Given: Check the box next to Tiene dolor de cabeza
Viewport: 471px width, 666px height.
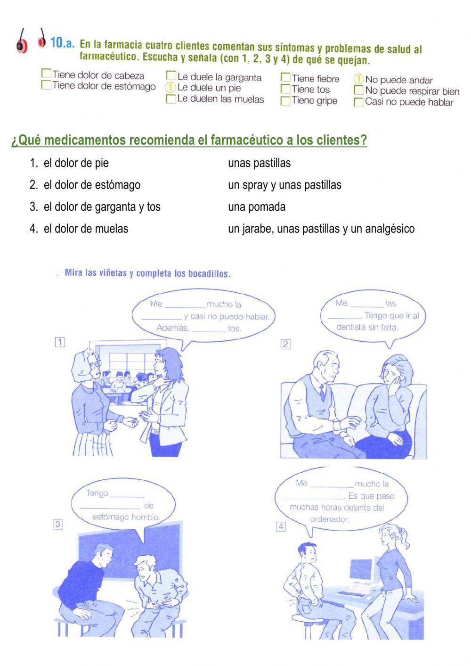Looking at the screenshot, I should tap(46, 74).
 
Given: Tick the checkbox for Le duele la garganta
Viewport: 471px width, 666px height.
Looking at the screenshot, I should tap(171, 76).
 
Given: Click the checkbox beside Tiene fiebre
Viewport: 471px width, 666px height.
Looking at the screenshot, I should tap(285, 77).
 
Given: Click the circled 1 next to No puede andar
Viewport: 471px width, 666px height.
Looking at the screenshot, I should tap(359, 79).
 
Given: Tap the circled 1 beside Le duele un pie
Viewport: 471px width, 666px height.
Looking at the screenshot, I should tap(171, 88).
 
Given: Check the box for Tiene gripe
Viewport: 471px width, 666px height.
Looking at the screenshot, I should tap(285, 101).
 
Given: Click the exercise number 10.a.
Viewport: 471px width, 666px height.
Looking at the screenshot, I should tap(62, 43).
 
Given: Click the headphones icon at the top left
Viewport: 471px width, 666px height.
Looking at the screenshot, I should tap(31, 41).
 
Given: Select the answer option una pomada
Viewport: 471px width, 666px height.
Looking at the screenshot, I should tap(257, 207).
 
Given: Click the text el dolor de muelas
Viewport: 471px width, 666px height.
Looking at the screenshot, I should tap(86, 229).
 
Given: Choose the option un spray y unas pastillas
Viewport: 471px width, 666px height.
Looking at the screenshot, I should tap(284, 185).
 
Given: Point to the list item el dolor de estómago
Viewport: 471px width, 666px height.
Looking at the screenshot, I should tap(92, 185).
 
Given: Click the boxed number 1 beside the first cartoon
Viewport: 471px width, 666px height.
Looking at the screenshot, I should tap(60, 342).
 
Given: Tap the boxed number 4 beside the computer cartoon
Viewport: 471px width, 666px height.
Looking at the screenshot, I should tap(281, 526).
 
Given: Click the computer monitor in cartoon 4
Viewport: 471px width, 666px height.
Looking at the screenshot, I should tap(361, 570).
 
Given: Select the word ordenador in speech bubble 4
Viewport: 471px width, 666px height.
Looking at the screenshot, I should tap(329, 519).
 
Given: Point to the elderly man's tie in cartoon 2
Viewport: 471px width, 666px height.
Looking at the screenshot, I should tap(322, 391).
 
